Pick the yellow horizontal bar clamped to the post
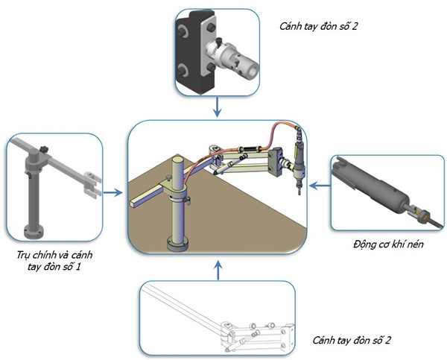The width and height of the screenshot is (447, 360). [150, 196]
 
